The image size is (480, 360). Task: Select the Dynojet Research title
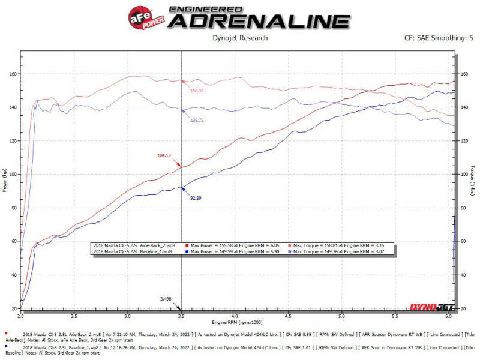pos(240,38)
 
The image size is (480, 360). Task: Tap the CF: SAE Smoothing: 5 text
pos(439,38)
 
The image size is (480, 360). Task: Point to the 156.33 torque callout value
pos(197,91)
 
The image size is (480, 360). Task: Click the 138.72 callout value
pos(197,121)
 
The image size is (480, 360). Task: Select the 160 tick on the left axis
pos(13,74)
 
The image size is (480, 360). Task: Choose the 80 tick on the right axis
pos(464,208)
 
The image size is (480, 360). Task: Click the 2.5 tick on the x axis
pos(74,314)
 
